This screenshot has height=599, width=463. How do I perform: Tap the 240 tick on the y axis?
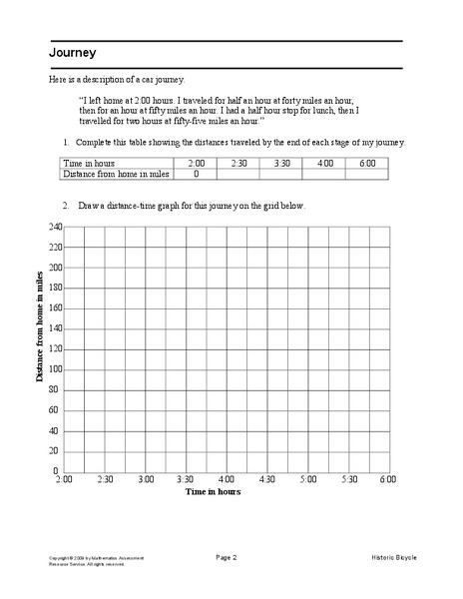56,227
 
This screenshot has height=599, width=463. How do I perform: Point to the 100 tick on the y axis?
56,369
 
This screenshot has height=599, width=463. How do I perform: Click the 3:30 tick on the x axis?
187,480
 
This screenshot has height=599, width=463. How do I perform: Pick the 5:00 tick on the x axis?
308,480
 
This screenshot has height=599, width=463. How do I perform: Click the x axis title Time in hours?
213,492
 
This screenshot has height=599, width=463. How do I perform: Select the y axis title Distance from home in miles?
41,331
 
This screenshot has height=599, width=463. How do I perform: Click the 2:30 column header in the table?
238,163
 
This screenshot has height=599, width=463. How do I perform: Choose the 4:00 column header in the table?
325,163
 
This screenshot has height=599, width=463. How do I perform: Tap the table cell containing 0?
196,174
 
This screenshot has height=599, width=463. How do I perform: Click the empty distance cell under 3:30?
281,174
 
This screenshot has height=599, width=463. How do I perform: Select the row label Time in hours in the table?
89,163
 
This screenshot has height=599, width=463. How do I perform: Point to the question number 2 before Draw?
65,206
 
